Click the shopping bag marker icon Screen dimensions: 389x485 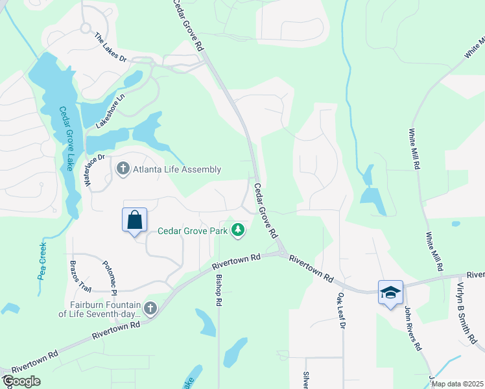point(134,220)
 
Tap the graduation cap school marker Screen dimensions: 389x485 point(390,292)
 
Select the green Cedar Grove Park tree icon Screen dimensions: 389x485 point(239,230)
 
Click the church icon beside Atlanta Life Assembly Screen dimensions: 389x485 point(123,169)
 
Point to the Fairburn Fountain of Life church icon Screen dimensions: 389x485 point(150,309)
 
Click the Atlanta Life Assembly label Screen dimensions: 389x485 point(177,170)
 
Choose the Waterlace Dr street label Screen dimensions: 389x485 point(94,170)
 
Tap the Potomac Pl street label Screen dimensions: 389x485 point(109,276)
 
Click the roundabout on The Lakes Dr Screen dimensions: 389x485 point(85,28)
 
